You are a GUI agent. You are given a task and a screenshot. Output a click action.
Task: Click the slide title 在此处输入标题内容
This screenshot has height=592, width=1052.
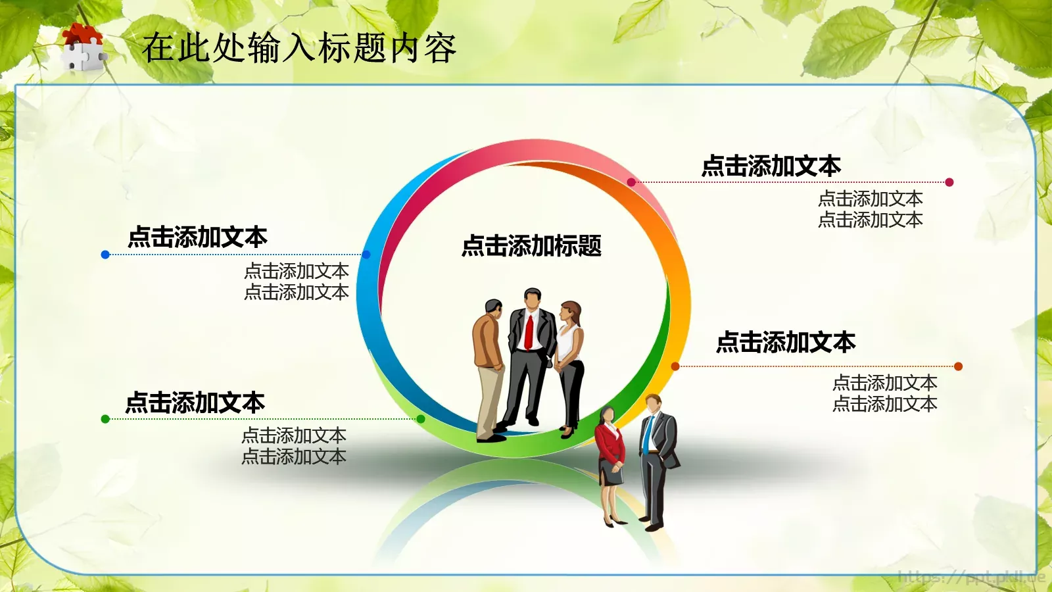(x=299, y=48)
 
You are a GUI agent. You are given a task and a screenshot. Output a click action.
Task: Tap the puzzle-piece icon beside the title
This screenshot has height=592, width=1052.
(x=82, y=47)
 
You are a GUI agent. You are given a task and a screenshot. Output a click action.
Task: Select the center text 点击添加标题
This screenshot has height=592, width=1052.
(x=531, y=246)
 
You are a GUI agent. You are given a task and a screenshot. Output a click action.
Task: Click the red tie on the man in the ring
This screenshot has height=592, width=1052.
(x=529, y=332)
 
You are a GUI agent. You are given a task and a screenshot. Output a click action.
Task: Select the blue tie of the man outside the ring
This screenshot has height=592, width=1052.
(x=648, y=434)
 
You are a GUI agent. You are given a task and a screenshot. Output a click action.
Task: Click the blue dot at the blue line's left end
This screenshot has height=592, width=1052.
(x=105, y=255)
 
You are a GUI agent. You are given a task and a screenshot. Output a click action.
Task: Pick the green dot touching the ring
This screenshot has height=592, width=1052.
(x=421, y=419)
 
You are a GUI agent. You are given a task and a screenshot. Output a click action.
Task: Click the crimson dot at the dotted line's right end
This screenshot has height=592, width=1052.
(x=949, y=182)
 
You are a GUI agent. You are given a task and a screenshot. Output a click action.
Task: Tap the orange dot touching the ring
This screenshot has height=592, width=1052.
(x=675, y=366)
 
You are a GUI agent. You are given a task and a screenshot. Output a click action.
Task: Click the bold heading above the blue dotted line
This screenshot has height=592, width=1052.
(x=197, y=237)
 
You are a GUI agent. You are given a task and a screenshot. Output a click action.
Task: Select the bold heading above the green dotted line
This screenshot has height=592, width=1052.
(x=195, y=403)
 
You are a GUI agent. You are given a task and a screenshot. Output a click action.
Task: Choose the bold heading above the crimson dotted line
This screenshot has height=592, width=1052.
(x=771, y=166)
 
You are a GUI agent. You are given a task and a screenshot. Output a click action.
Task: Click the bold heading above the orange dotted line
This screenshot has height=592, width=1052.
(x=786, y=342)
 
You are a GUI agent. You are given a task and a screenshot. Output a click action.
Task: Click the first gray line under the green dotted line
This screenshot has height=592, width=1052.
(x=294, y=435)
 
